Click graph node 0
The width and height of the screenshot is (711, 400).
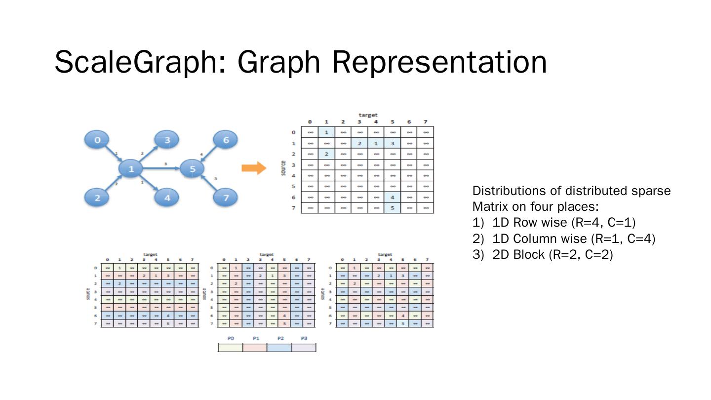click(x=98, y=140)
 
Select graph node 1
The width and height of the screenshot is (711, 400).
click(x=131, y=169)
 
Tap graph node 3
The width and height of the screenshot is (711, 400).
click(x=167, y=140)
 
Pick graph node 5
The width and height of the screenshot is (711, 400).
click(x=193, y=169)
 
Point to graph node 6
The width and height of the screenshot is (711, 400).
click(x=226, y=140)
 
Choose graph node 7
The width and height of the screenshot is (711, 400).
click(x=226, y=198)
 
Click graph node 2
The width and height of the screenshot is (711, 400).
click(x=98, y=198)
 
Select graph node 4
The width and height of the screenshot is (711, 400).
click(x=167, y=198)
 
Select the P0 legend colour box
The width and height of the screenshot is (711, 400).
click(x=230, y=348)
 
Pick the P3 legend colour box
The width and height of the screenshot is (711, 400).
click(x=304, y=348)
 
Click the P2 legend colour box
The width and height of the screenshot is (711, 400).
click(x=279, y=348)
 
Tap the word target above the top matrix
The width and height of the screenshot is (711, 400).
click(x=368, y=115)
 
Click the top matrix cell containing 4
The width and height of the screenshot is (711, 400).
click(x=392, y=197)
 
